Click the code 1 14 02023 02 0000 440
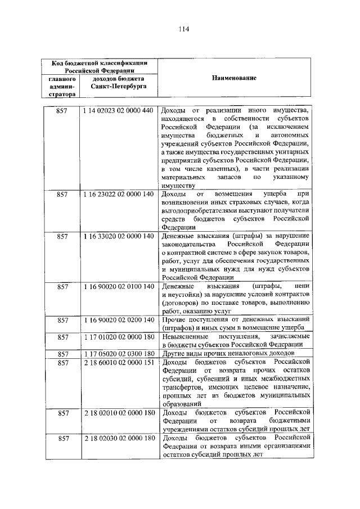coord(118,111)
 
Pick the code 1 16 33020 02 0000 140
coord(118,236)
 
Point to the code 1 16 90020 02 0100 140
coord(118,286)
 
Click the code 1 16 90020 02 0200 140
coord(118,319)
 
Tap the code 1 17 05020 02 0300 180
coord(118,354)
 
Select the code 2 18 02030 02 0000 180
coord(118,438)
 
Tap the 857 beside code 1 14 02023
coord(62,111)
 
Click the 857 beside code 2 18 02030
coord(62,438)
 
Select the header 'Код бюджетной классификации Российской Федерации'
coord(98,66)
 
